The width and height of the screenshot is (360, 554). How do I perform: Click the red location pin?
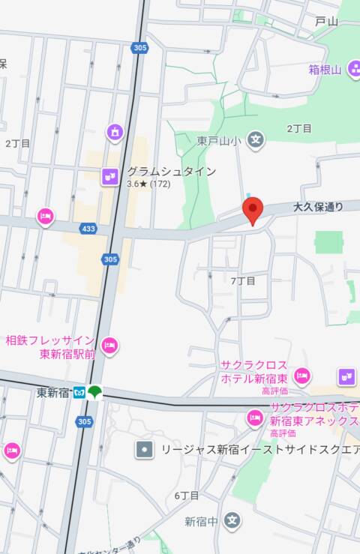coord(253,209)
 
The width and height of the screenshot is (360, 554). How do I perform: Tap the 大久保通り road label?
coord(317,206)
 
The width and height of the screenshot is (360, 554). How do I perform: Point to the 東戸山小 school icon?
coord(256,139)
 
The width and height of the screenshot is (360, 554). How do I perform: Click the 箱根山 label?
coord(325,70)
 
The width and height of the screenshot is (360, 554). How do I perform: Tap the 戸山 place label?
coord(326,22)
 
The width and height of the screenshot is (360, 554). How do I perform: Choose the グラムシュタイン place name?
coord(171,171)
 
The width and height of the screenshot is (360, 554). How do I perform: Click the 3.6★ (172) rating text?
coord(148,184)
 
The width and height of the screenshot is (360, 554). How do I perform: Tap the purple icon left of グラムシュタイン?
coord(110,176)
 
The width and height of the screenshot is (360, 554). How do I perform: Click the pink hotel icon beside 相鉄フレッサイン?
coord(109,346)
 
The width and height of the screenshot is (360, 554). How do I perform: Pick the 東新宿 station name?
coord(52,392)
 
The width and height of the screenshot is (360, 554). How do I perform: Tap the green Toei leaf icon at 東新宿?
coord(94,392)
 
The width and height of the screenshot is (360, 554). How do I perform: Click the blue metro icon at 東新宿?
coord(79,392)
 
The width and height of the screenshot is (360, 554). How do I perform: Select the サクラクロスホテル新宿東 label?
coord(253,371)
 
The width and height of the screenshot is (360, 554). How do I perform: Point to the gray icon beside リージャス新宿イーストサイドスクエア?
coord(144,450)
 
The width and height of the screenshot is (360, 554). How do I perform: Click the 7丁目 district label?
coord(243,281)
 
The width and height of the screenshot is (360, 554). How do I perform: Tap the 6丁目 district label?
coord(187,496)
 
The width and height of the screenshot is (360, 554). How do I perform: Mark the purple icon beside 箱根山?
coord(353,70)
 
